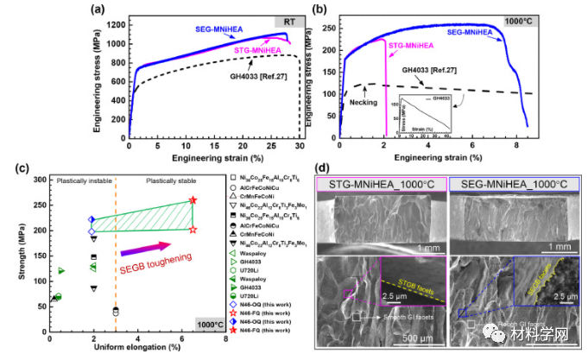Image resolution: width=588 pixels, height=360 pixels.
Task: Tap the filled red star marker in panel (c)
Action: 193,200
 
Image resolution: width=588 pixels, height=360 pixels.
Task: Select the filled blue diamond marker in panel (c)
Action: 92,219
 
